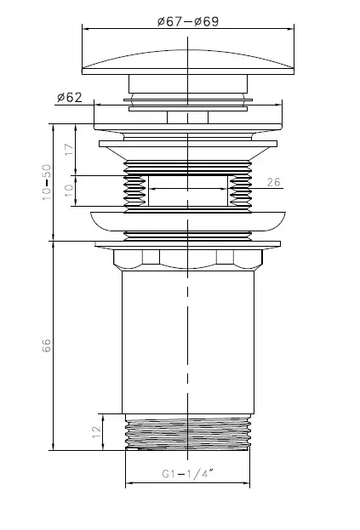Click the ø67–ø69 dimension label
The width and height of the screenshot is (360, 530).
(x=188, y=21)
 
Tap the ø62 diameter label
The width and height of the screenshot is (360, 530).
(x=70, y=98)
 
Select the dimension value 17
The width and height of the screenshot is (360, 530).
(x=69, y=149)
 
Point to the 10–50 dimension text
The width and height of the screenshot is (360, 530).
(x=47, y=182)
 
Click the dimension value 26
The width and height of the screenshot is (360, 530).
(x=273, y=182)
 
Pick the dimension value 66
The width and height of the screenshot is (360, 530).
(x=46, y=345)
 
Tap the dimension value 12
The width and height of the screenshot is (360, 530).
(x=96, y=431)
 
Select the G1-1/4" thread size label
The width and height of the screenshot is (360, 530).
(x=187, y=474)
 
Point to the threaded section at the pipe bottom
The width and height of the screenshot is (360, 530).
(x=188, y=432)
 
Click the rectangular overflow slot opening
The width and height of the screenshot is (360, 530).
(x=188, y=191)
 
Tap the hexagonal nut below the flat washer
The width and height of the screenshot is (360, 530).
(x=188, y=259)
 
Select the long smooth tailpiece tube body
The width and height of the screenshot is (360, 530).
(x=188, y=342)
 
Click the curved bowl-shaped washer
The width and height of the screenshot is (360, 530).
(x=188, y=222)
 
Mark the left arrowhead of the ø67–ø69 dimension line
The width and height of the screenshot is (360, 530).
(x=85, y=29)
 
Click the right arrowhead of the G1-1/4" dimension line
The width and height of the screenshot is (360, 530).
(x=247, y=483)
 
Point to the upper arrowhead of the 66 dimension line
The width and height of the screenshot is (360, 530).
(x=53, y=245)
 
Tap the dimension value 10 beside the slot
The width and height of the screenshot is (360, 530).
(x=69, y=191)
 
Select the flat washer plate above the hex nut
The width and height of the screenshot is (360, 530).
(x=188, y=243)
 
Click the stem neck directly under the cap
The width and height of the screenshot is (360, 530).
(x=188, y=83)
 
